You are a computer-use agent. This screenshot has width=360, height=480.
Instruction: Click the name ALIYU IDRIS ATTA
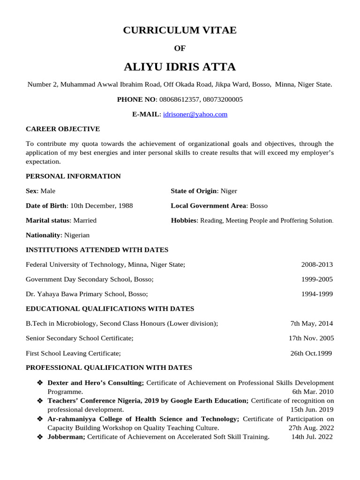point(180,67)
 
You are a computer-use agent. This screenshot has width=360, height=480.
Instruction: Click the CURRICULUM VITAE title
point(180,30)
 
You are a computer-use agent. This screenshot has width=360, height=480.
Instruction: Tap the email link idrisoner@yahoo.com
point(195,114)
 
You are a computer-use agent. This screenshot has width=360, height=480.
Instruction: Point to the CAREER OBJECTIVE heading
point(62,129)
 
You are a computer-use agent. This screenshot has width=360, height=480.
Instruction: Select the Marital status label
point(47,220)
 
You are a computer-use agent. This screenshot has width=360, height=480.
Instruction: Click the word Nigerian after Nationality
point(76,235)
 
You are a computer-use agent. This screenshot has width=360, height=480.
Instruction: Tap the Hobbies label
point(184,220)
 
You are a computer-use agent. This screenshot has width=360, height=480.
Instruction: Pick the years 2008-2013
point(317,265)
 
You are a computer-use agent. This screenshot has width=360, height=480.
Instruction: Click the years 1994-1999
point(317,294)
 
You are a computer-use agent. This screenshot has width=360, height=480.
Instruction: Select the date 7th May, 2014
point(312,323)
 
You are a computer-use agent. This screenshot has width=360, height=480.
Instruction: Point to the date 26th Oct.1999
point(311,353)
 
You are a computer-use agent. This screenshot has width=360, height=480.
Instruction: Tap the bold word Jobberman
point(66,437)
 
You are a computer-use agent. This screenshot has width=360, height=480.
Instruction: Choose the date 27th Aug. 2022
point(311,428)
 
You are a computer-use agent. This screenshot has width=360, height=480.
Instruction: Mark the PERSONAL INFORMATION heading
point(73,176)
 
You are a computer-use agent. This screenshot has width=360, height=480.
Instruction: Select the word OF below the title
point(180,48)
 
